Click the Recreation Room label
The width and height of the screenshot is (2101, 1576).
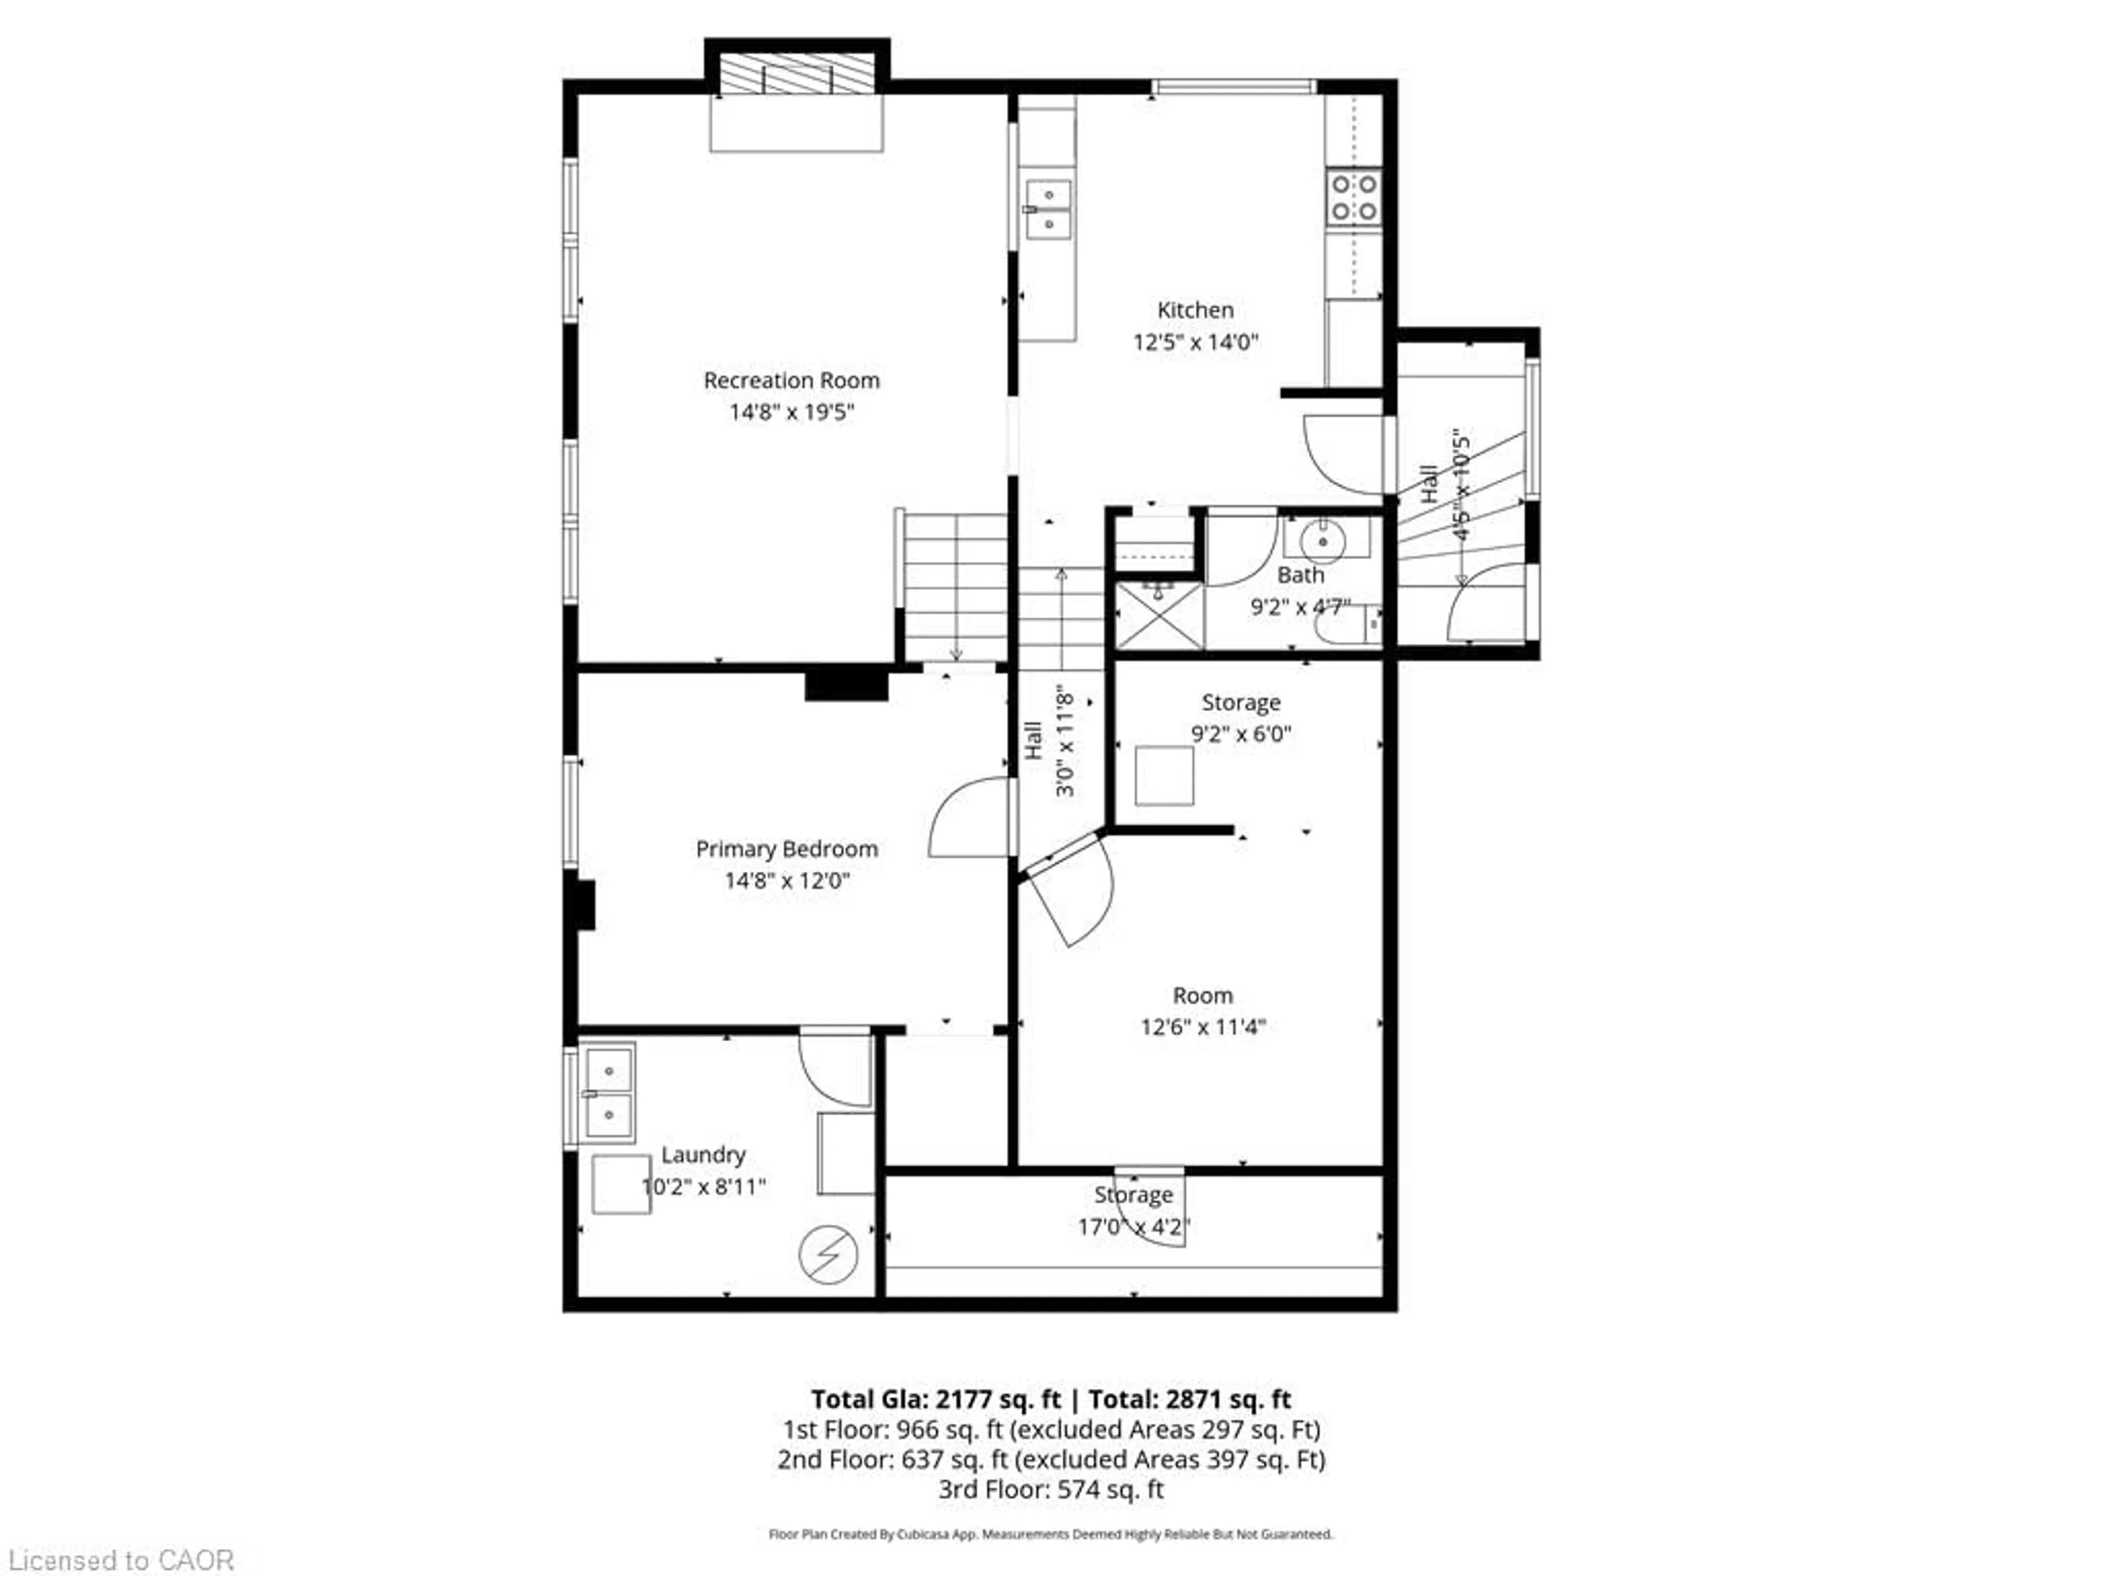(791, 380)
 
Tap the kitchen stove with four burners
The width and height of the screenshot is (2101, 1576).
(1354, 196)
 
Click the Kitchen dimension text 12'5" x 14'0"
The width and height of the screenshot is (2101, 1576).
(1195, 342)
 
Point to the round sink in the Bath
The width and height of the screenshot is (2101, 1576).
(1323, 542)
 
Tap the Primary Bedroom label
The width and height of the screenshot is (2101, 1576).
(786, 848)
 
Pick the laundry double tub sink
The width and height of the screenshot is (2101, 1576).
(608, 1092)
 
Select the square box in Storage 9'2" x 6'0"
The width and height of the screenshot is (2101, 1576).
(1164, 775)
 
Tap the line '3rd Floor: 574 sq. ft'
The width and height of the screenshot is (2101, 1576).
(1050, 1488)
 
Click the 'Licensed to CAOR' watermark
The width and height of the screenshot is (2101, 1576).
(120, 1560)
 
